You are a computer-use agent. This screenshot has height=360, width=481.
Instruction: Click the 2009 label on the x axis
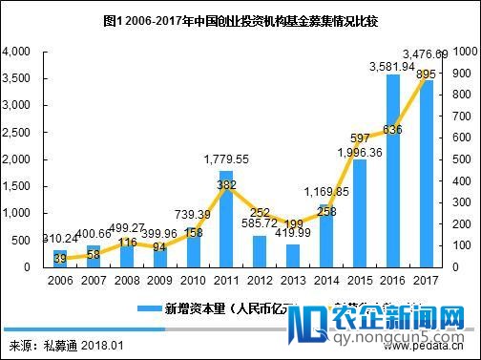pos(160,283)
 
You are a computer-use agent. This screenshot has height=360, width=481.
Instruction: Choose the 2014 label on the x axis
pos(326,283)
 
